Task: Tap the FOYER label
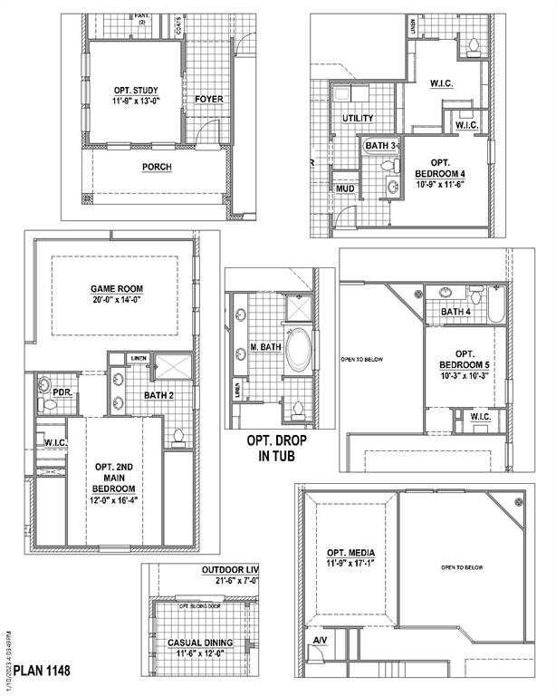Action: (x=207, y=99)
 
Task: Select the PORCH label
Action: (x=157, y=168)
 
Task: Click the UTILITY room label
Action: (x=358, y=119)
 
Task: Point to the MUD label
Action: (x=345, y=188)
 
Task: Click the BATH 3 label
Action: (x=380, y=145)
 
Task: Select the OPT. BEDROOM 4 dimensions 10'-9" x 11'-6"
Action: (x=439, y=184)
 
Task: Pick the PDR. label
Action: (x=62, y=393)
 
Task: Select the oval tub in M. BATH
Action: (x=297, y=353)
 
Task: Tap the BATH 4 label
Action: (x=456, y=313)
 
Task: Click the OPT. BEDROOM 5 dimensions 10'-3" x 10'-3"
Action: (x=465, y=375)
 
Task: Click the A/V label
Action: (x=320, y=642)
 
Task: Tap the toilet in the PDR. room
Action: (x=47, y=401)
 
